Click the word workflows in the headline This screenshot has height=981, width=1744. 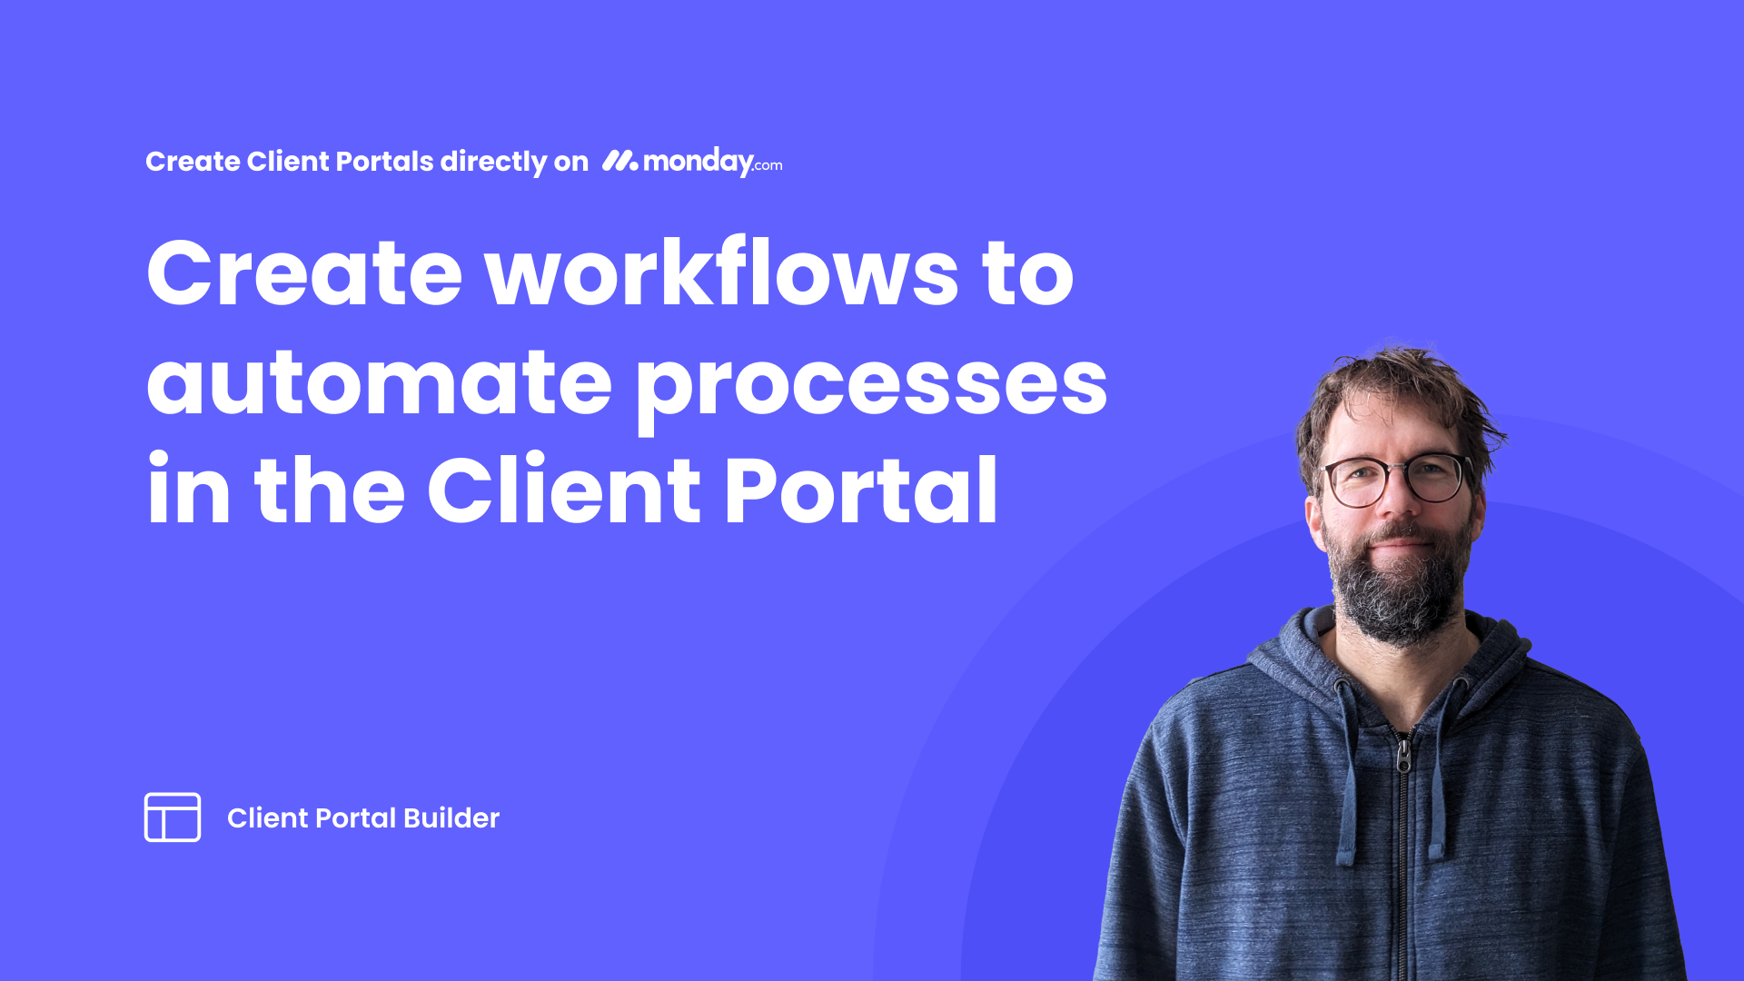[x=722, y=272]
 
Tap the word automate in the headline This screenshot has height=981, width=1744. [x=380, y=381]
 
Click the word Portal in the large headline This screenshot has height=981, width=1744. [x=861, y=490]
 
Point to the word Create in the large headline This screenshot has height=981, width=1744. [x=304, y=272]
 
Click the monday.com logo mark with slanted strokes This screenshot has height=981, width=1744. [x=620, y=161]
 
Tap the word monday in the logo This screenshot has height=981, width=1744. [x=699, y=162]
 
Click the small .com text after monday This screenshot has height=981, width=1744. [x=768, y=165]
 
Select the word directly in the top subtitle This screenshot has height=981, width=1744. [x=494, y=162]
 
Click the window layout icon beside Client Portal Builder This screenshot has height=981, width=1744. [x=173, y=817]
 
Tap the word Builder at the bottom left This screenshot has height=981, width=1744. [x=451, y=817]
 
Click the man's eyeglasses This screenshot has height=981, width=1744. [x=1397, y=479]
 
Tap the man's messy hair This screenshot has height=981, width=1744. [x=1399, y=400]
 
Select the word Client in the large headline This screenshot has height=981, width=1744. [x=564, y=490]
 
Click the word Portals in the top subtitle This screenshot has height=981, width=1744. [x=385, y=161]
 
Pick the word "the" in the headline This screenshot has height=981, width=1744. [x=329, y=490]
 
